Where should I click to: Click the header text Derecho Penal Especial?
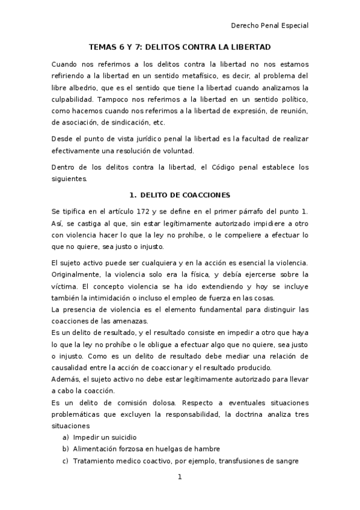click(270, 26)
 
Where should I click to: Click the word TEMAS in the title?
click(102, 46)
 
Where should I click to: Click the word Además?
click(64, 379)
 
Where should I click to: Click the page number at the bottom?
click(179, 478)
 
